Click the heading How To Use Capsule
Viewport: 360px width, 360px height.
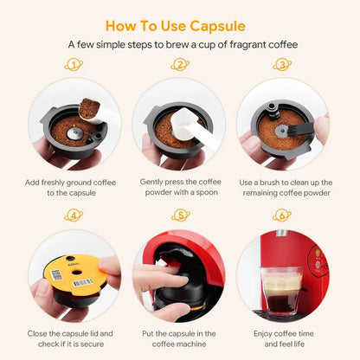(180, 25)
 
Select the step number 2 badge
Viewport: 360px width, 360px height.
(181, 64)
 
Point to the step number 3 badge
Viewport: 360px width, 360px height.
(282, 64)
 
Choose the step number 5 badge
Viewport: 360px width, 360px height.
(181, 215)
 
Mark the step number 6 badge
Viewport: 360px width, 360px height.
(282, 215)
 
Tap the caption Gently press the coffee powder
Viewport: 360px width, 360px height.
(180, 188)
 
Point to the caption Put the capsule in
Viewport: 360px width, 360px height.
(180, 338)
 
